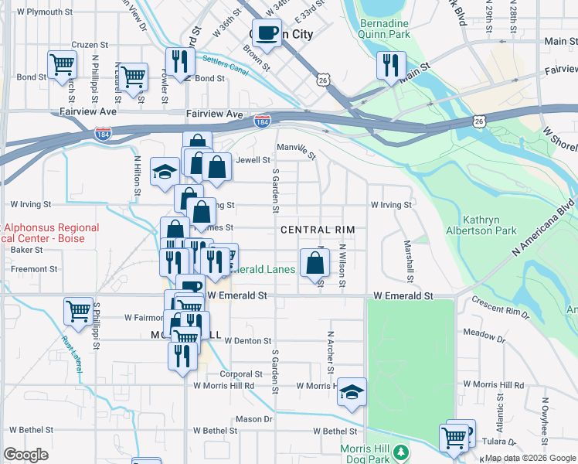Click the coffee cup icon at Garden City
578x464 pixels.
pyautogui.click(x=267, y=33)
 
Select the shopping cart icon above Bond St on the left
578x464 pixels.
pyautogui.click(x=62, y=64)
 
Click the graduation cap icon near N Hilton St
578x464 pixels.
pyautogui.click(x=165, y=172)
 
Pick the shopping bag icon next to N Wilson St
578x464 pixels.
pyautogui.click(x=314, y=262)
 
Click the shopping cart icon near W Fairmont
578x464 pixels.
pyautogui.click(x=79, y=312)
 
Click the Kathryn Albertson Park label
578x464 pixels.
pyautogui.click(x=480, y=225)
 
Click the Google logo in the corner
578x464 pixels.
pyautogui.click(x=25, y=455)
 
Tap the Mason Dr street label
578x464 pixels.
pyautogui.click(x=254, y=419)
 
